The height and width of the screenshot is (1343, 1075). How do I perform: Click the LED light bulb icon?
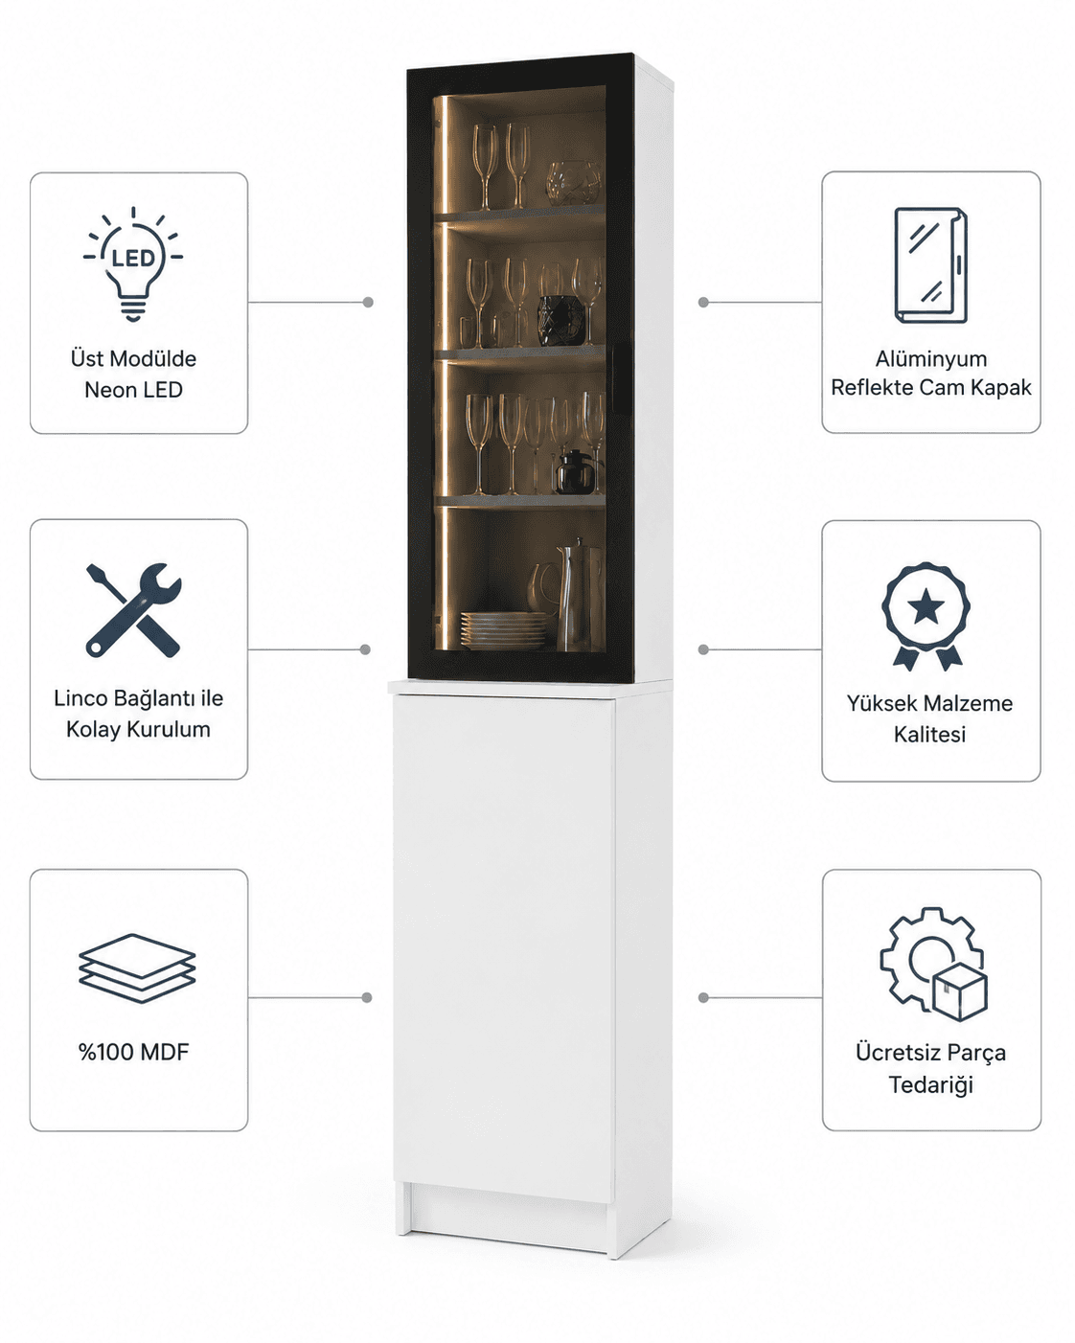click(133, 263)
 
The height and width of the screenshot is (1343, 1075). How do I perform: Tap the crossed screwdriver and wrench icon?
click(133, 610)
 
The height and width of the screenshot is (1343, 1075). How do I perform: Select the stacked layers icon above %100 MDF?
click(137, 967)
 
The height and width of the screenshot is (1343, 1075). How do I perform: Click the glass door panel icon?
click(930, 265)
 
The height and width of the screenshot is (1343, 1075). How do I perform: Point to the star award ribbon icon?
click(926, 616)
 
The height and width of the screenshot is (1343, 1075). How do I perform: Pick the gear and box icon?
click(933, 964)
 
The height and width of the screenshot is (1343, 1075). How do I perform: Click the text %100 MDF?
click(133, 1052)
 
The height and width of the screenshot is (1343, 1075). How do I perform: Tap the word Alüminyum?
click(930, 359)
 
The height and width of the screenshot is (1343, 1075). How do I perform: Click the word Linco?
click(80, 697)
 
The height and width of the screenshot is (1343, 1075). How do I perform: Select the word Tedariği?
click(930, 1084)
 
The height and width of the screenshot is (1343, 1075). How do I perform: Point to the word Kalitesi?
click(929, 734)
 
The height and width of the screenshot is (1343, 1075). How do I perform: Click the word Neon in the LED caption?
click(108, 390)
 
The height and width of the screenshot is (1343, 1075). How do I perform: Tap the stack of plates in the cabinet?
click(503, 630)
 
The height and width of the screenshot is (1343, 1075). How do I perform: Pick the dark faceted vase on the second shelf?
click(561, 320)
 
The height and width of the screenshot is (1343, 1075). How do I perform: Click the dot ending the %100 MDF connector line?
click(367, 997)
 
